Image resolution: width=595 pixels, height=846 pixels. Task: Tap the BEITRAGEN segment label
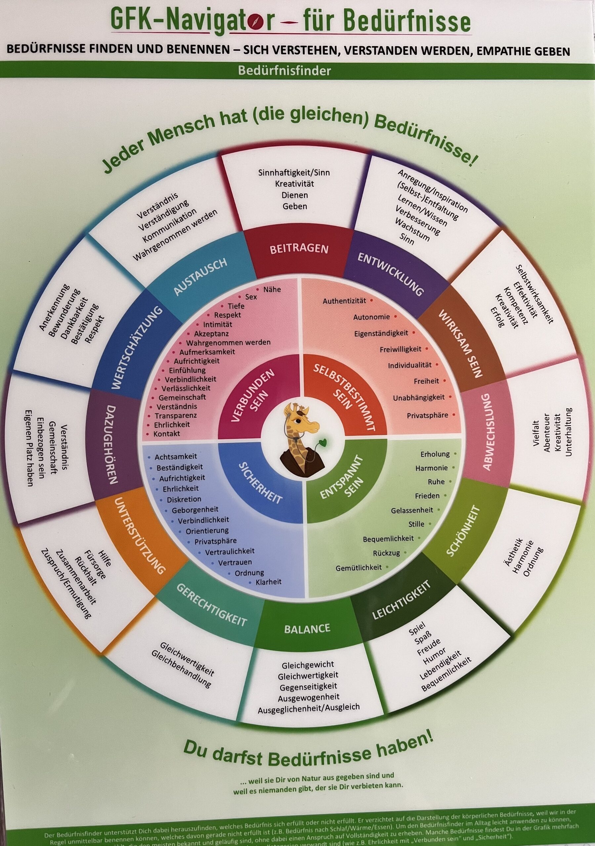tap(299, 249)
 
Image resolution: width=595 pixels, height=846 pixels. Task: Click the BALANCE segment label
tap(307, 629)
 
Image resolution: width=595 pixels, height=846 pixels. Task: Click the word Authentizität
tap(344, 301)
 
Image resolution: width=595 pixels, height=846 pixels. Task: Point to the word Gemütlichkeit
tap(359, 568)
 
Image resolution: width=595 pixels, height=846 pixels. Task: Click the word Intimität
tap(218, 325)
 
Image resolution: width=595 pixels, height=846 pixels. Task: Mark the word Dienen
tap(295, 195)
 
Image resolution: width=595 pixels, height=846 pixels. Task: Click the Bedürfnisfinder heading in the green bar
tap(284, 71)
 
